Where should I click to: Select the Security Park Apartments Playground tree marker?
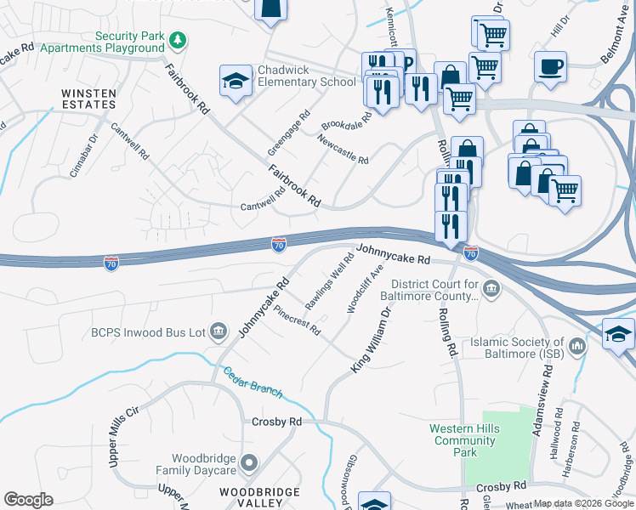click(178, 40)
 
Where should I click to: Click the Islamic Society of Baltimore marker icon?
click(577, 346)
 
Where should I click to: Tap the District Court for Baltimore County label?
click(436, 290)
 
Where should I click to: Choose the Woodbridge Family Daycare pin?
click(248, 463)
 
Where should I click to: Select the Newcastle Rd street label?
click(343, 149)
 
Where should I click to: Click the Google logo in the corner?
click(28, 500)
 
